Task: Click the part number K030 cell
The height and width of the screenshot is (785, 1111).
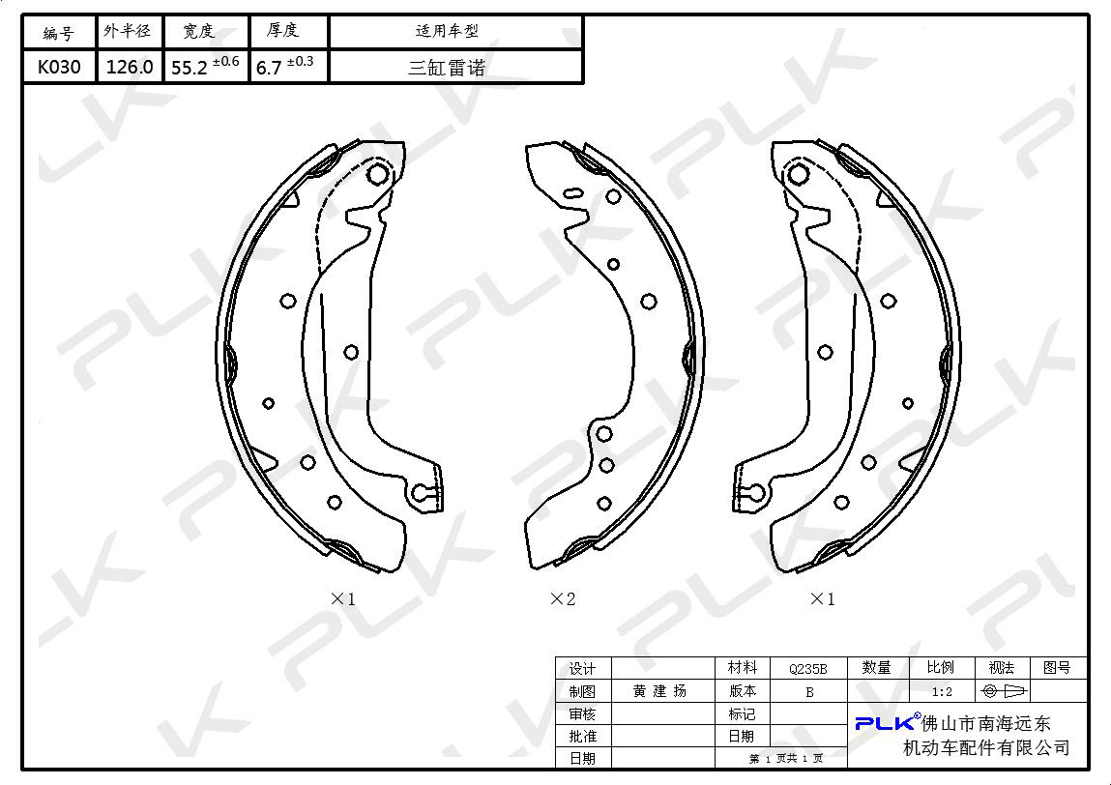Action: (x=59, y=68)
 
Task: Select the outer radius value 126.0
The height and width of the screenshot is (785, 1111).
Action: (x=130, y=68)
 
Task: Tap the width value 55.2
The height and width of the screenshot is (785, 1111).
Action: (x=190, y=68)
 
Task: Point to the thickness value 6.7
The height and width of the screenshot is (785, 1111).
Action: (x=269, y=68)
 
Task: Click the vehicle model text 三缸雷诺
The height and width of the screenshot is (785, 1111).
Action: (x=447, y=68)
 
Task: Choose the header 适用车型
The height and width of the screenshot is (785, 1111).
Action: (x=447, y=31)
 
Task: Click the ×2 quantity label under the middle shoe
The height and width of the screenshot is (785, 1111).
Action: (x=563, y=598)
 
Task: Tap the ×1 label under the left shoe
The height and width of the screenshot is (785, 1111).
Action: (x=343, y=598)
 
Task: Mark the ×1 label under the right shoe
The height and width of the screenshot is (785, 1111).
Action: (x=822, y=598)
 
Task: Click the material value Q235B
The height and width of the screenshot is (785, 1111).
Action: (x=807, y=668)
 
